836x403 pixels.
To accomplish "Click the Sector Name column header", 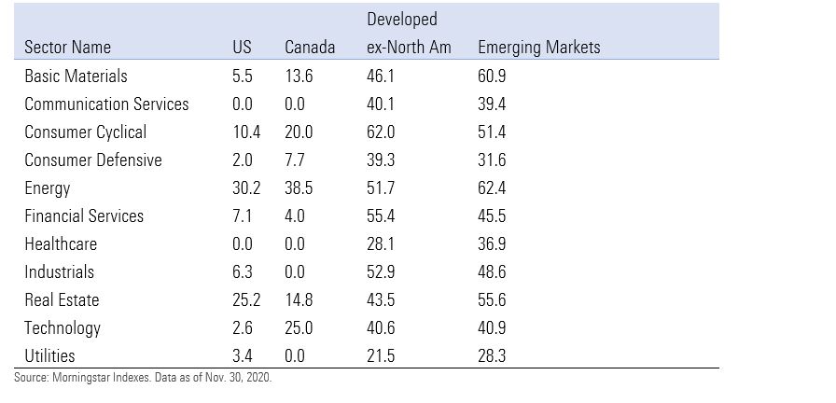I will coord(67,48).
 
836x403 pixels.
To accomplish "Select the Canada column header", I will coord(309,48).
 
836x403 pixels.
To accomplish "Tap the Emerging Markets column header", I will coord(538,48).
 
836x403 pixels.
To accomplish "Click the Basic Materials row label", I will coord(76,76).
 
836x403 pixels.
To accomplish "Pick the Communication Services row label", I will coord(106,104).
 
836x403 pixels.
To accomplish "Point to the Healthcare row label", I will coord(61,243).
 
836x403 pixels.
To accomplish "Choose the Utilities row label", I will coord(49,355).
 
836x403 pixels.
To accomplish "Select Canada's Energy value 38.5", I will coord(299,188).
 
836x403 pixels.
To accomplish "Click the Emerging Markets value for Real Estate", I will coord(492,299).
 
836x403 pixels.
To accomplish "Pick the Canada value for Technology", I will coord(299,327).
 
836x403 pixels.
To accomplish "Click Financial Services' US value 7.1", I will coord(242,215).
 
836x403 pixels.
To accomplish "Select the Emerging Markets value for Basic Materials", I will coord(492,76).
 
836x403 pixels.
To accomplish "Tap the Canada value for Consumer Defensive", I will coord(295,160).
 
